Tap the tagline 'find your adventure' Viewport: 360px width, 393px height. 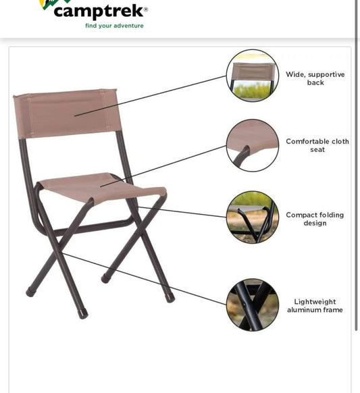114,26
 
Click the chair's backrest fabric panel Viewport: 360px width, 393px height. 66,113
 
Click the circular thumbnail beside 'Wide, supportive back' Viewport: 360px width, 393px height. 252,76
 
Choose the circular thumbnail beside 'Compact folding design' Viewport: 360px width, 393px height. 252,217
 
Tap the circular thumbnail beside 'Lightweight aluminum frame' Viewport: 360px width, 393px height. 252,305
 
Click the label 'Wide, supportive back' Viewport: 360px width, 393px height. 315,78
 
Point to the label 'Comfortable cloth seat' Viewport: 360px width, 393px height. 317,145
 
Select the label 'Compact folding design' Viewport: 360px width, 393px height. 314,219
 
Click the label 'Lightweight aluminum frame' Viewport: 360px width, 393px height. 314,306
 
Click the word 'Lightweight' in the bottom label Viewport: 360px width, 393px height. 315,302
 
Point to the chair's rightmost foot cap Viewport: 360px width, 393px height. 170,298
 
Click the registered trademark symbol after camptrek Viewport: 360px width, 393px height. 146,9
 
